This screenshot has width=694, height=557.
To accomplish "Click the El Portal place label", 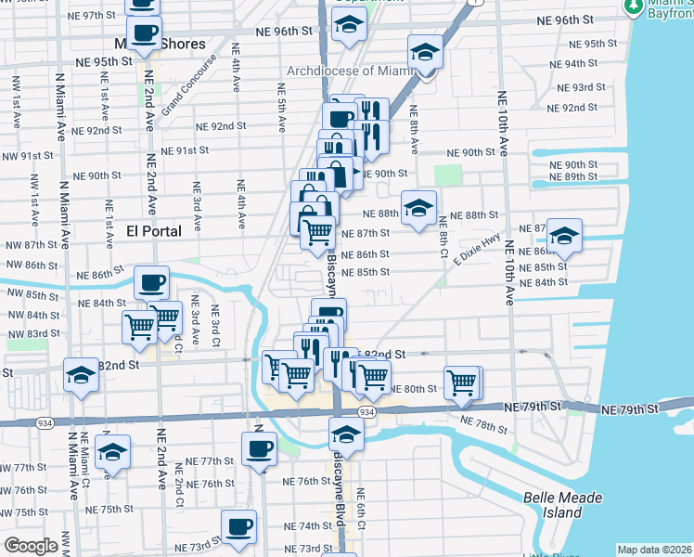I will (x=154, y=229).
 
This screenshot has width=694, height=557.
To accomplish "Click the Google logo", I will (x=31, y=546).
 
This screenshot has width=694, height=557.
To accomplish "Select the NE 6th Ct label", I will (x=361, y=509).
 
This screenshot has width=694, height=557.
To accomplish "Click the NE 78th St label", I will (x=484, y=425).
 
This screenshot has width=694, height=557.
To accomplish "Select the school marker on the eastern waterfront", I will (x=563, y=235).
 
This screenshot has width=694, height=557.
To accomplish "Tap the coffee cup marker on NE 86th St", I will (x=151, y=281).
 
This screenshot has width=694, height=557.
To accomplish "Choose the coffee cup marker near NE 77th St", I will (x=259, y=448).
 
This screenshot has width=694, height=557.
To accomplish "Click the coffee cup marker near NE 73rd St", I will (x=238, y=525).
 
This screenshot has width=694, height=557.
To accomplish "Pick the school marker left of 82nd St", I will (x=81, y=374).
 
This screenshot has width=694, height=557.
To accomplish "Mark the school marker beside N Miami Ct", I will (x=112, y=451).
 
